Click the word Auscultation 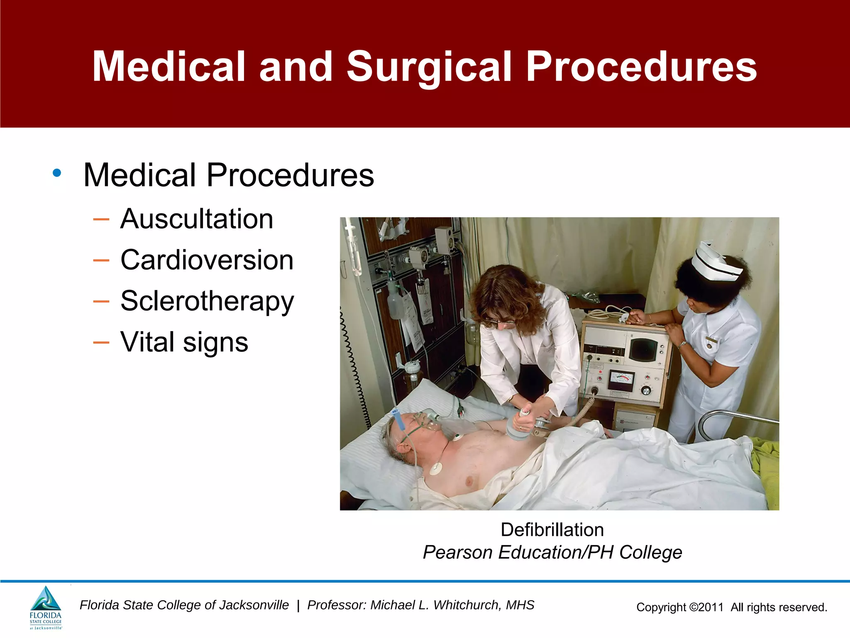point(197,219)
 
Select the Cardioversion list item point(207,260)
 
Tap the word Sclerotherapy point(207,301)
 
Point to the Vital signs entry point(184,342)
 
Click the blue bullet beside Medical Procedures point(57,173)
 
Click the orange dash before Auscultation point(101,219)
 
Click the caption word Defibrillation point(552,530)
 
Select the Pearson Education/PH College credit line point(552,552)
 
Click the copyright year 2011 point(711,607)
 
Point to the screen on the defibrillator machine point(643,349)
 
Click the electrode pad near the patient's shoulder point(436,468)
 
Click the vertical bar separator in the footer point(298,606)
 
